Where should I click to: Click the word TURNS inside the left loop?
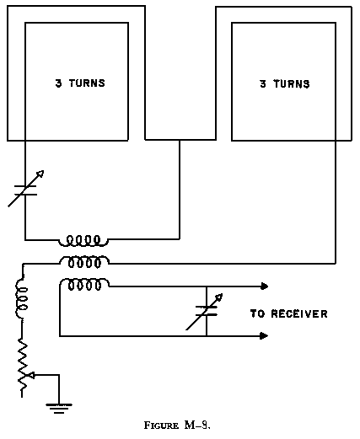point(87,83)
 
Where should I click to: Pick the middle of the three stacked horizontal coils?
point(83,261)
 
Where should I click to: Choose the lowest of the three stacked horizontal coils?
point(83,284)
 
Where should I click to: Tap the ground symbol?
point(58,409)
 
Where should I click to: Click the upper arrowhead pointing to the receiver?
point(264,286)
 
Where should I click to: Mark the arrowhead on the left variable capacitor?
point(39,175)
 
